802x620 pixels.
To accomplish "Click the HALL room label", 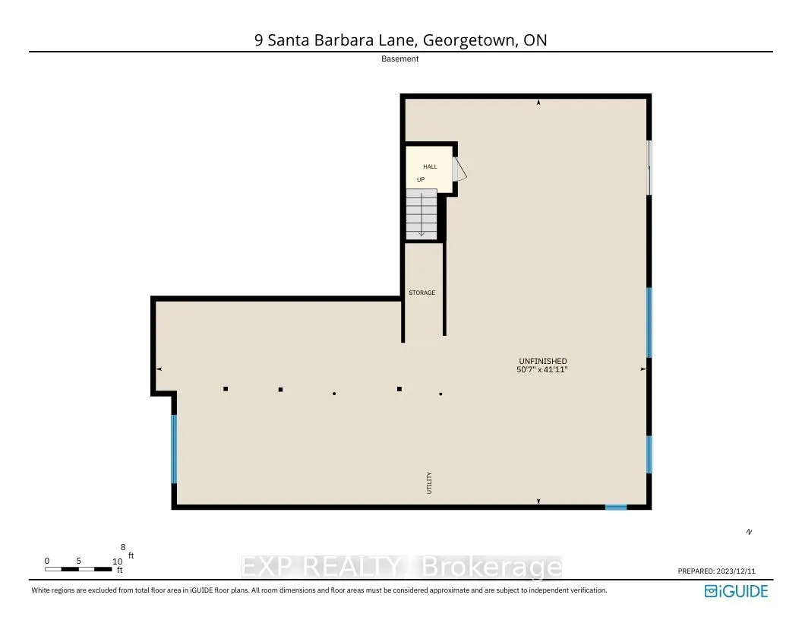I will [x=430, y=166].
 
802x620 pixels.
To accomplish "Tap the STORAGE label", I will [x=422, y=293].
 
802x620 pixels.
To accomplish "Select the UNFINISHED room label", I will [x=542, y=361].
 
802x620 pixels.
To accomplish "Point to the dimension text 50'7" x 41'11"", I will [x=542, y=369].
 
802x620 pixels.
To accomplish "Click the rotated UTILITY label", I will [x=429, y=484].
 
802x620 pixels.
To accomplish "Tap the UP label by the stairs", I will [x=420, y=179].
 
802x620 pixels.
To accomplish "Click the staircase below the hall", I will [x=421, y=214].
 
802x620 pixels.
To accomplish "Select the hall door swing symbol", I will [x=459, y=169].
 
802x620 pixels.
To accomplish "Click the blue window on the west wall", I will [x=174, y=448].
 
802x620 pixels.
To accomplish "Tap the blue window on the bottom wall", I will [x=615, y=507].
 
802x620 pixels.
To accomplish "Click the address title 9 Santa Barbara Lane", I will [x=400, y=40].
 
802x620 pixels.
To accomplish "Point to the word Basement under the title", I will [x=400, y=59].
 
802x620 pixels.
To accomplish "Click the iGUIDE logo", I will [x=736, y=590].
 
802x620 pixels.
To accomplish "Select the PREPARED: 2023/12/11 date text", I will [x=722, y=571].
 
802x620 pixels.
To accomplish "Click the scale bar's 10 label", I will [x=116, y=561].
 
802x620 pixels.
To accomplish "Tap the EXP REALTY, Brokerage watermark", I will [x=401, y=568].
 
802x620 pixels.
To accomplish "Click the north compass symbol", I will [x=749, y=532].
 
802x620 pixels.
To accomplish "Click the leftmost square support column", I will [x=226, y=389].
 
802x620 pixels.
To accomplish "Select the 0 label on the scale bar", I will [x=47, y=561].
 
